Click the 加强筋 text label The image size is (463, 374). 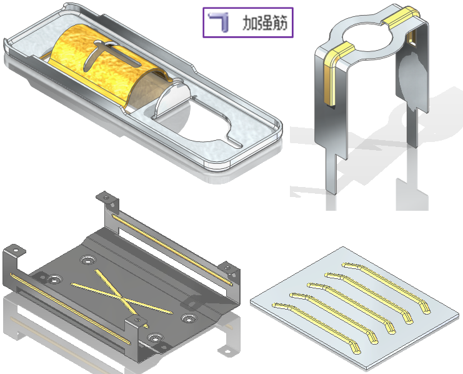pos(264,23)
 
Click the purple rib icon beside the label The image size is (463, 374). pos(219,22)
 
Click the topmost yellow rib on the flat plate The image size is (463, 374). pos(387,287)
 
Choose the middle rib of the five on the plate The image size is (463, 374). pos(351,308)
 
